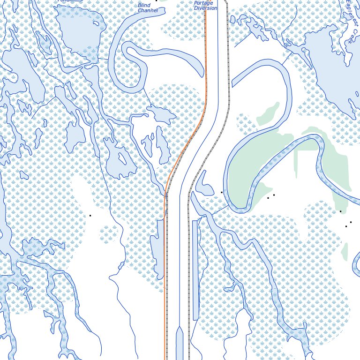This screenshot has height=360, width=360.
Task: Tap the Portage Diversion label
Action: point(206,5)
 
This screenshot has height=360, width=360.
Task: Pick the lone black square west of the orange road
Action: point(90,216)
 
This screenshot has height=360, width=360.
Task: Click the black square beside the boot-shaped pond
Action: point(222,192)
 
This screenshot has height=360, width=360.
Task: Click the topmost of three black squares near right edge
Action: point(341,211)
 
